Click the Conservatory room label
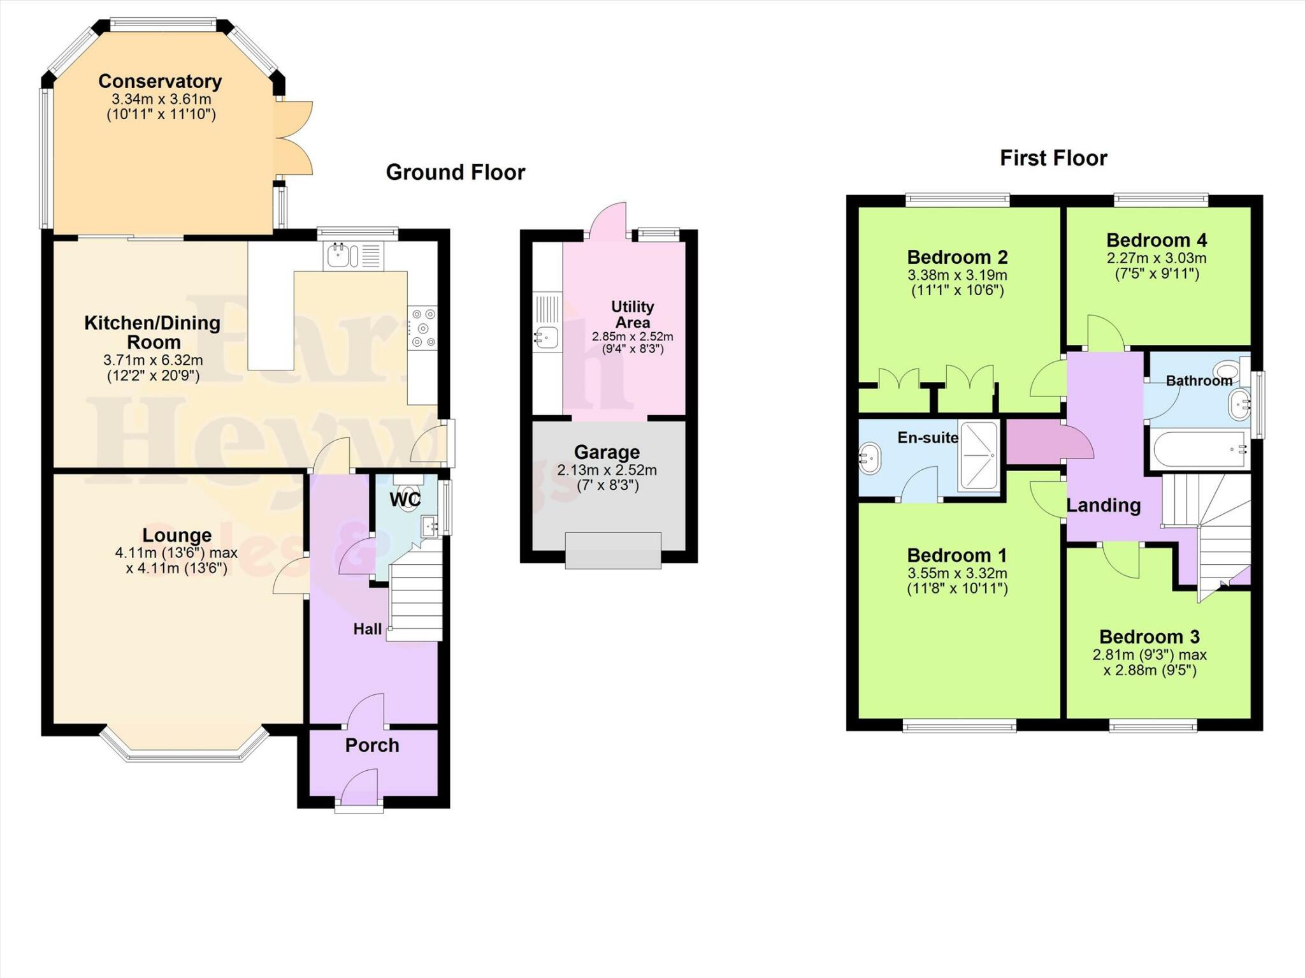[160, 82]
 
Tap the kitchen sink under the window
[338, 256]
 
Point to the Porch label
[372, 745]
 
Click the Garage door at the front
[612, 551]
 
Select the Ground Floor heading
[455, 173]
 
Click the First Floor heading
[1053, 158]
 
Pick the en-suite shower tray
[979, 455]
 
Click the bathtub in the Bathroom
[1198, 449]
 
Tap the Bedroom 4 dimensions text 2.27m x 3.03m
[1156, 258]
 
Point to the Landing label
[1104, 506]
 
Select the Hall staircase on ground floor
[415, 596]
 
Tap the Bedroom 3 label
[1149, 637]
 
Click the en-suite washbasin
[870, 459]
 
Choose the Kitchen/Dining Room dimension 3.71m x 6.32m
[153, 360]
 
